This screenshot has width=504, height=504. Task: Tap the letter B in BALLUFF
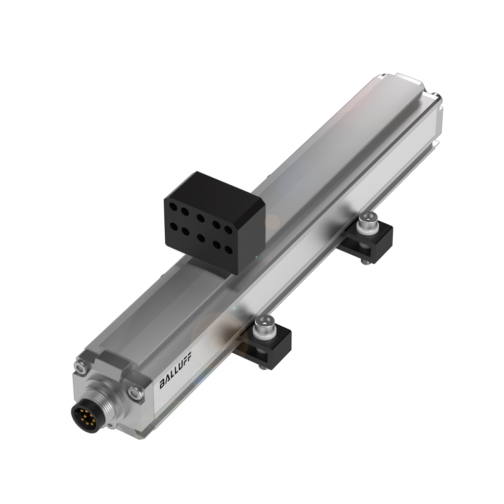click(162, 386)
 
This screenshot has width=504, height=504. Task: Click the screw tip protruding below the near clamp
click(262, 366)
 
